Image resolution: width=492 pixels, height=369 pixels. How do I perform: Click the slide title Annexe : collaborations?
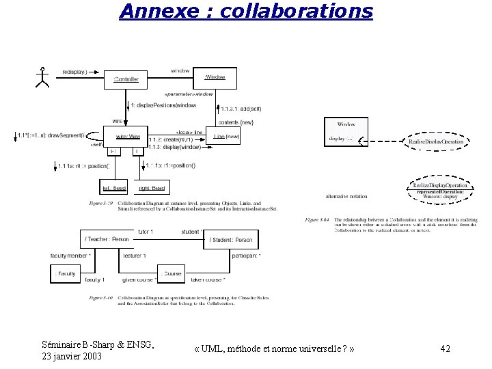pos(246,12)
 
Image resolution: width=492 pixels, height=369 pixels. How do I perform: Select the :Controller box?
pos(126,80)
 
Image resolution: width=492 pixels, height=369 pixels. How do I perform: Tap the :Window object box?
pos(215,77)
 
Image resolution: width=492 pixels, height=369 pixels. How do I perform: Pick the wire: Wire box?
pos(126,137)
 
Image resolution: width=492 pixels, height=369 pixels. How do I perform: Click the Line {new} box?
pos(227,137)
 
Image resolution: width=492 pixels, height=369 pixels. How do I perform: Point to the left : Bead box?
pos(115,187)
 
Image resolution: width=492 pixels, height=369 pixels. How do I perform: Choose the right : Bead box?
pos(152,187)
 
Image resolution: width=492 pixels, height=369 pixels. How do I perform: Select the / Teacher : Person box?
pos(106,239)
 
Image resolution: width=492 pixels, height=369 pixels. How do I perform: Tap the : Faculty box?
pos(66,273)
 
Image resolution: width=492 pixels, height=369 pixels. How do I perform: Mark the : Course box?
pos(172,273)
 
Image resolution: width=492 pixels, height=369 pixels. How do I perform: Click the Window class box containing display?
pos(346,132)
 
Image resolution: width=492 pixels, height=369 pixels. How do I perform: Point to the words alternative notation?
pos(346,196)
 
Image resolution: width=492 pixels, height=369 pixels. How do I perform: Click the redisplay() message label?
pos(74,71)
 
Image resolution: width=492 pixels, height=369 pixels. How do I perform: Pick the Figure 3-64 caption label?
pos(317,220)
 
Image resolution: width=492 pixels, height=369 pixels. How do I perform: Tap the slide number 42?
pos(446,349)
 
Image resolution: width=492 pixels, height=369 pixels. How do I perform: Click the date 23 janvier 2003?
pos(72,357)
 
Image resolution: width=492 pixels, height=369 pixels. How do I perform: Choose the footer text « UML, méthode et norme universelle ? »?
pos(273,349)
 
